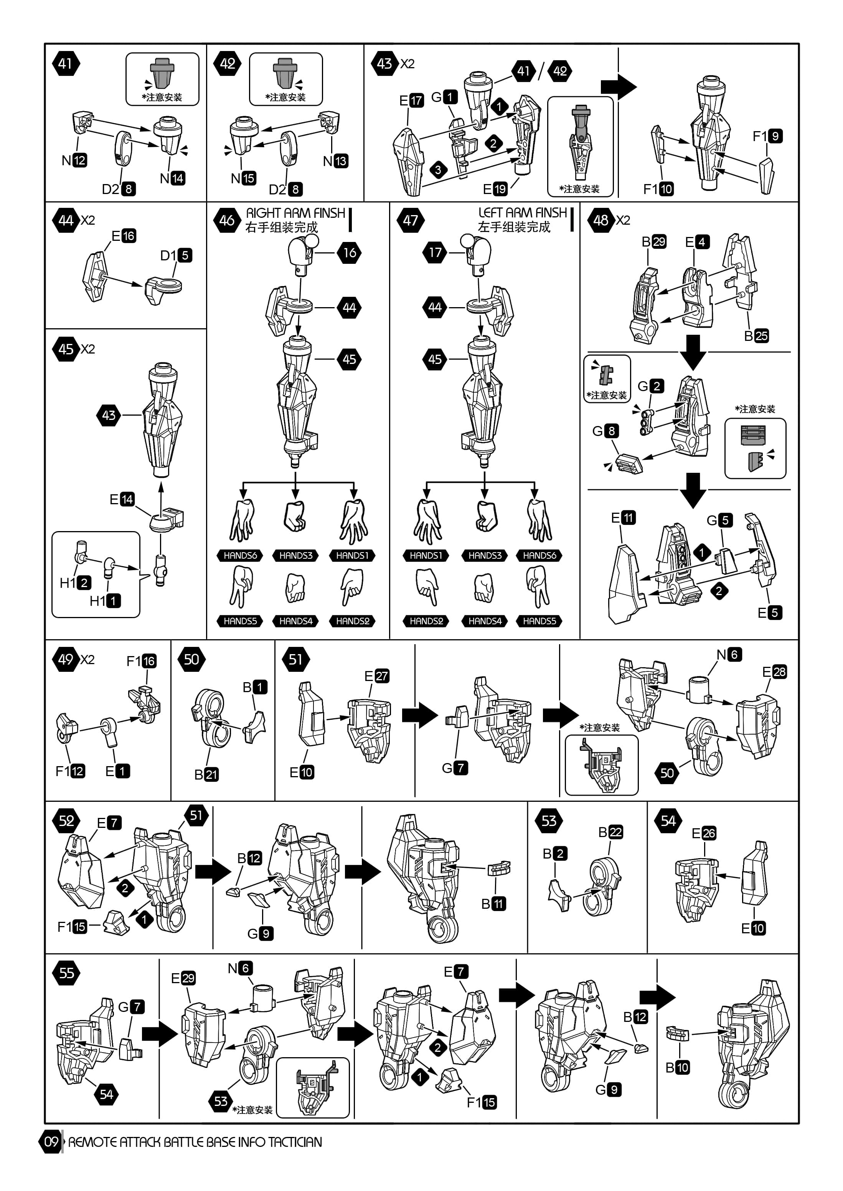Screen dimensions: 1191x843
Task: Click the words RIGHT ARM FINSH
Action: [x=295, y=213]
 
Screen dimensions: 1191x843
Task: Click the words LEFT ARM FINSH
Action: [x=522, y=213]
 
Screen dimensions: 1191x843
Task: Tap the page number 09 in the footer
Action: [x=51, y=1142]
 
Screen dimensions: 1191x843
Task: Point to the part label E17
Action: [x=411, y=100]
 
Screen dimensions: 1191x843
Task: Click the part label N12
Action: [x=74, y=160]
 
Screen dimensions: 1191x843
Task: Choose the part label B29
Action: [x=653, y=242]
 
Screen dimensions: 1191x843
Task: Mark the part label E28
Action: [x=774, y=672]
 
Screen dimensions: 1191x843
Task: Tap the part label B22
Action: [x=610, y=832]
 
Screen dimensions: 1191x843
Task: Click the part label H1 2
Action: [x=75, y=583]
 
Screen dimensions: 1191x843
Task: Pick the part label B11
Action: [x=493, y=904]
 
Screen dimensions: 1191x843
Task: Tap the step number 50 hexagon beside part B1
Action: [x=191, y=659]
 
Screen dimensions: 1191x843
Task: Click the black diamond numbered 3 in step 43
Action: [x=438, y=169]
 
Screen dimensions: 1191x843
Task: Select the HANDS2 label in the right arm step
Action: [x=353, y=621]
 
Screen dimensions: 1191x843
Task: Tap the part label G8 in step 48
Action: [x=605, y=431]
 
